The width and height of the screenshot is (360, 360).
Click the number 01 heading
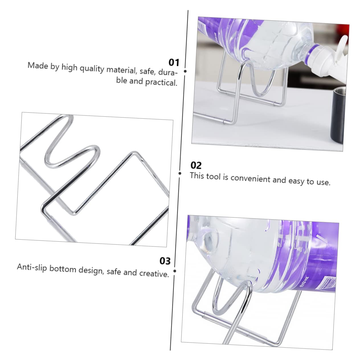pos(174,62)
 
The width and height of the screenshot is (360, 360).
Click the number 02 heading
pos(196,165)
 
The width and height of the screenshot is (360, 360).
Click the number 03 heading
pos(165,261)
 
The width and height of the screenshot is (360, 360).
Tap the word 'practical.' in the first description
pos(161,82)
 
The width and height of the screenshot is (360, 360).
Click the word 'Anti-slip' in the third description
pos(32,267)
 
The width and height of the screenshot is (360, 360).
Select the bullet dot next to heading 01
pos(185,71)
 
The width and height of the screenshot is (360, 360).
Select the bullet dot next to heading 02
pos(180,173)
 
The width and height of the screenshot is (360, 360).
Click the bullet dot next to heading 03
pos(175,271)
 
